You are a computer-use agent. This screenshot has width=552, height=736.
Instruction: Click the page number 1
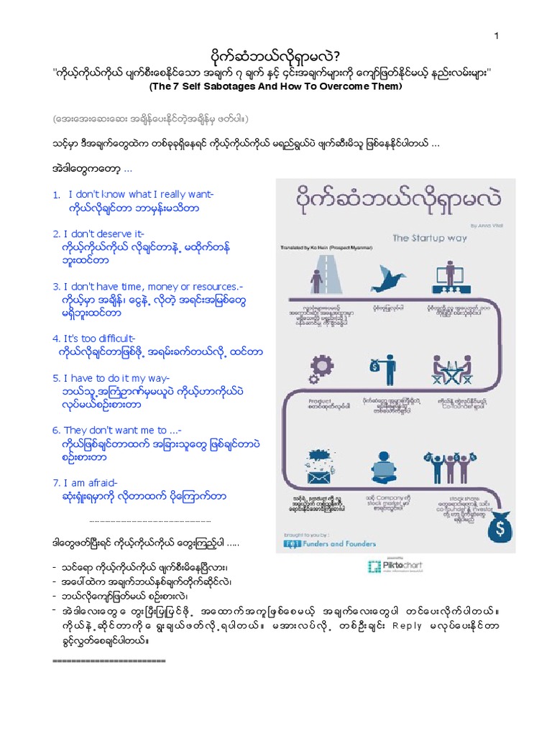tap(495, 37)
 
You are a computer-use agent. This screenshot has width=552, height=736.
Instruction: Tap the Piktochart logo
tap(394, 566)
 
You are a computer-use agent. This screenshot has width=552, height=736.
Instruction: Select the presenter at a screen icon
tap(454, 277)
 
